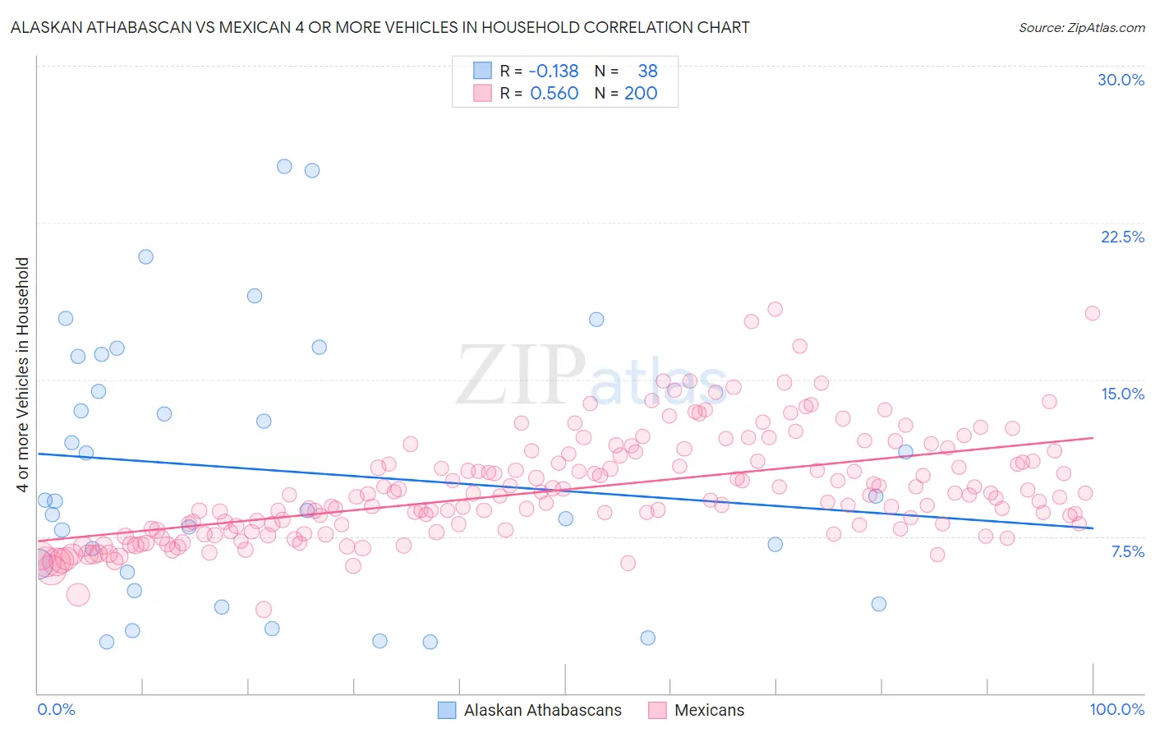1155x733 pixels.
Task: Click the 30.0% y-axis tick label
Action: [x=1120, y=80]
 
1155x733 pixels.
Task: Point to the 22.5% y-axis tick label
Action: [x=1122, y=237]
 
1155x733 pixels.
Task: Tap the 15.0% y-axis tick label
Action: [x=1122, y=394]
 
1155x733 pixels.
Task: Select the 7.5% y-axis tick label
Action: [x=1127, y=551]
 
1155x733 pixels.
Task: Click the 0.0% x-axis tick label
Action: [x=56, y=709]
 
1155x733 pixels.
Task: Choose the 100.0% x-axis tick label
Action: [x=1116, y=709]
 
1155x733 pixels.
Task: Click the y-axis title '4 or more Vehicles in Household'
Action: [x=23, y=375]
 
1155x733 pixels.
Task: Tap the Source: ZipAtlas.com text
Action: [x=1081, y=27]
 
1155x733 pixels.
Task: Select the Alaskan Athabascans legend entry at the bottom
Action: [x=542, y=710]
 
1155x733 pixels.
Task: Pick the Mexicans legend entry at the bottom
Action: [x=709, y=710]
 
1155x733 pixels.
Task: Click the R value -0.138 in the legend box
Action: [x=554, y=71]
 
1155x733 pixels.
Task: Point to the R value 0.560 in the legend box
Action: [x=554, y=93]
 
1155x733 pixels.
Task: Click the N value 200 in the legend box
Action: [x=641, y=93]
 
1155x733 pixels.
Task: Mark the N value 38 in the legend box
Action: [x=647, y=71]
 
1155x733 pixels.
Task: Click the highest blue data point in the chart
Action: [x=284, y=166]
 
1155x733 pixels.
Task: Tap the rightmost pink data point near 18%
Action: [x=1092, y=313]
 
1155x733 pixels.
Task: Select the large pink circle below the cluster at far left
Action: [x=78, y=595]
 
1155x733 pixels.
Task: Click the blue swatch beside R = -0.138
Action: [x=482, y=71]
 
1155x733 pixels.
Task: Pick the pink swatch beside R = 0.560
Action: [x=482, y=93]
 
